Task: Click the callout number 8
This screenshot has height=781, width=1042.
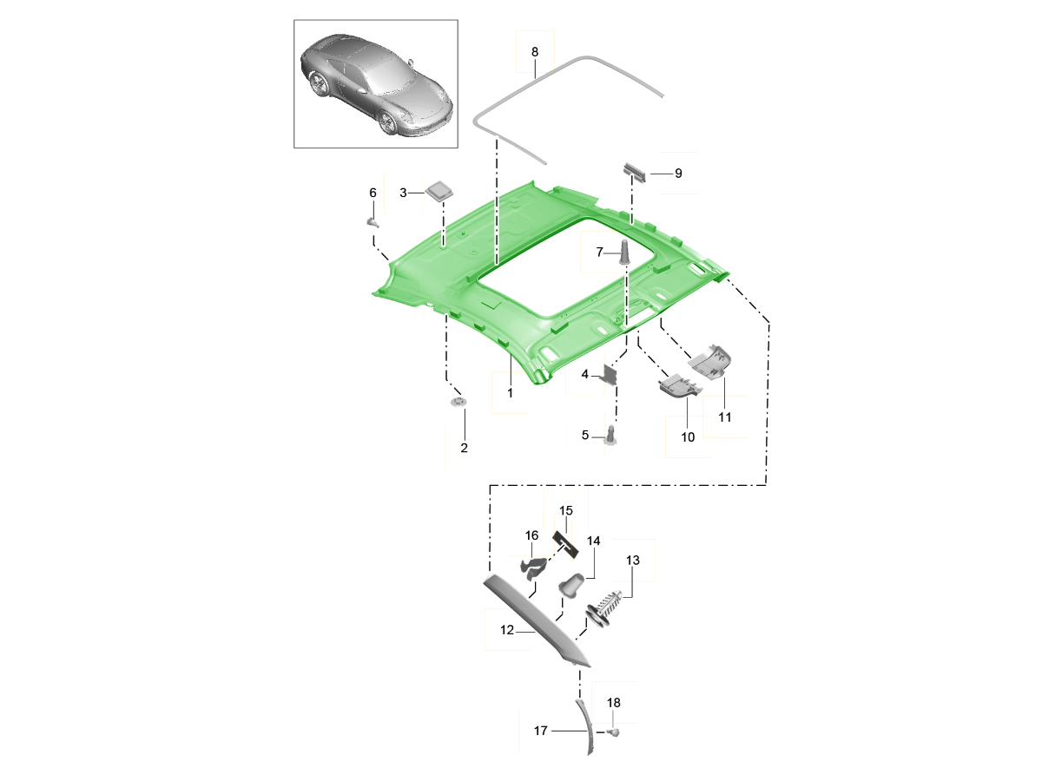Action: coord(535,52)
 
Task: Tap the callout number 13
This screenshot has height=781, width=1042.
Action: coord(632,561)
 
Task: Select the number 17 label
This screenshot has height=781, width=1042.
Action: coord(541,731)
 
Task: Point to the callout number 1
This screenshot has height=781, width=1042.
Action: coord(510,393)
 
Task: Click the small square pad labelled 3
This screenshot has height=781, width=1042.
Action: coord(439,191)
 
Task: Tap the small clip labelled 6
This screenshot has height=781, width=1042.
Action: coord(373,221)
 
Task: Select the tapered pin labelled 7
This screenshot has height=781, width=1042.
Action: coord(624,252)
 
